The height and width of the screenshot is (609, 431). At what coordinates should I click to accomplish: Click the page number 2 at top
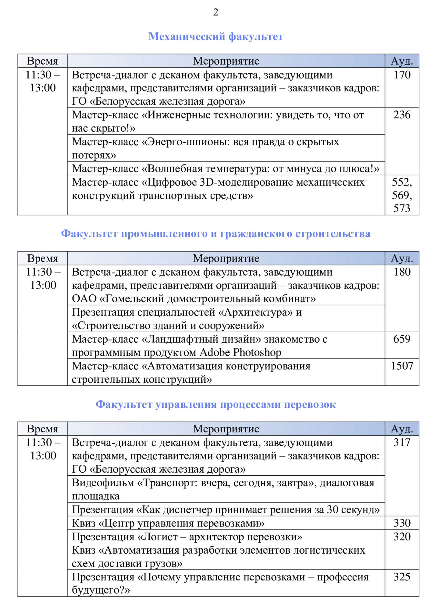215,12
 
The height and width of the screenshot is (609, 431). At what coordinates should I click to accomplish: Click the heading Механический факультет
215,37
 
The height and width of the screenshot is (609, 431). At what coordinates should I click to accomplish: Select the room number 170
402,75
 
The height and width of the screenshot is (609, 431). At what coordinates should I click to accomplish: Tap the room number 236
402,115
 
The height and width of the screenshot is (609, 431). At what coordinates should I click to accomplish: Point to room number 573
402,209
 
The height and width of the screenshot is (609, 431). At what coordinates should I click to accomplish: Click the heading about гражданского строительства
215,234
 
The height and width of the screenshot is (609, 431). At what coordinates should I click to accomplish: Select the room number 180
402,272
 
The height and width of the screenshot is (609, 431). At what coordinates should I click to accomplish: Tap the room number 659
402,339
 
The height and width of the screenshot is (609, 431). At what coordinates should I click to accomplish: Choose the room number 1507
402,366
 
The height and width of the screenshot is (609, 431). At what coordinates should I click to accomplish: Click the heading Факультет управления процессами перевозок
215,404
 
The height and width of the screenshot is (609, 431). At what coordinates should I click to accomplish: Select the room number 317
402,442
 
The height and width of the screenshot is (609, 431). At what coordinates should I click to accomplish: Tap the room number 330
402,523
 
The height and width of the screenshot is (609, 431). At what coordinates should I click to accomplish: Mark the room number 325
402,577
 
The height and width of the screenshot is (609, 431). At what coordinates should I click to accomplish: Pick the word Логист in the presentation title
160,537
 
